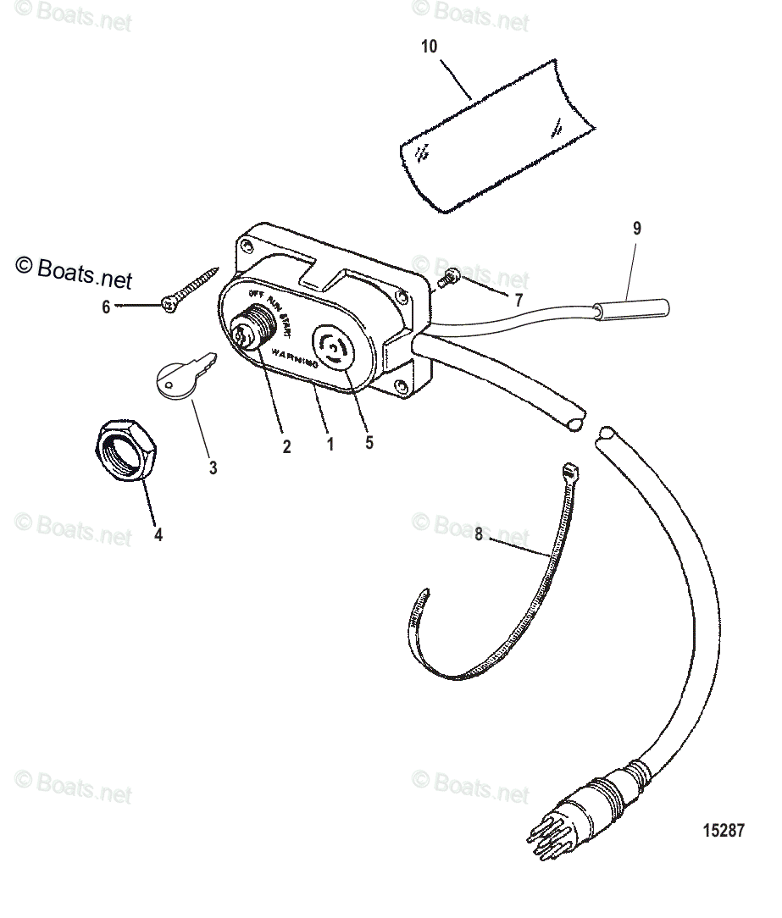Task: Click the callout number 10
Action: pyautogui.click(x=430, y=47)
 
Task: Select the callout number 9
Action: pyautogui.click(x=636, y=228)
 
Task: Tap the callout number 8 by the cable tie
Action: pyautogui.click(x=479, y=534)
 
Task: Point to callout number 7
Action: pyautogui.click(x=518, y=300)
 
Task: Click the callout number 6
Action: pyautogui.click(x=106, y=307)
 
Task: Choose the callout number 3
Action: pyautogui.click(x=213, y=467)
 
